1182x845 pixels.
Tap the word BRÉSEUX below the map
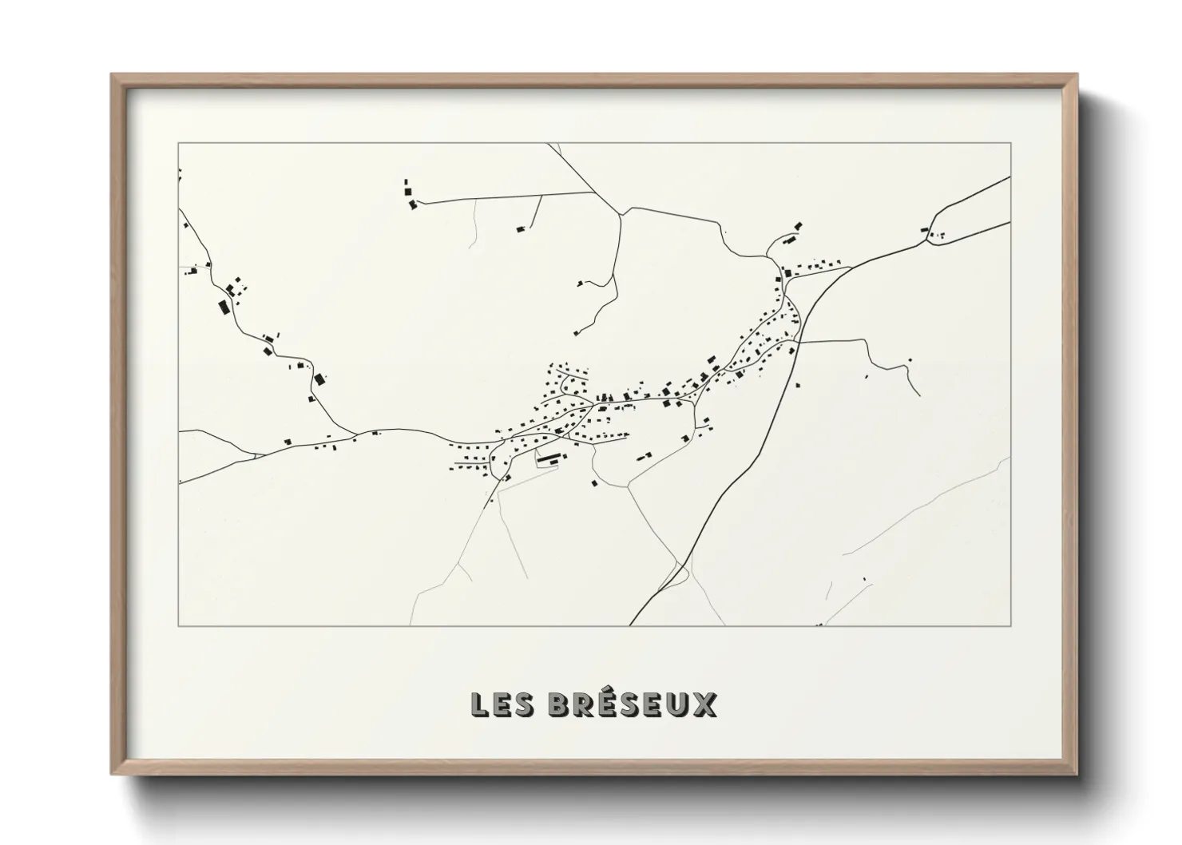click(x=633, y=704)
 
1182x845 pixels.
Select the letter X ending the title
click(x=705, y=704)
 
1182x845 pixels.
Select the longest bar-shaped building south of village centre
click(x=549, y=458)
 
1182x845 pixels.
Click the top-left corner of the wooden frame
click(x=112, y=75)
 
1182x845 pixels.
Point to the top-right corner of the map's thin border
click(x=1010, y=143)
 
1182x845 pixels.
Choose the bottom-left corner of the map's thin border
click(x=179, y=626)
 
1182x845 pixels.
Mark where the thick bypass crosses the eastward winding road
click(x=799, y=342)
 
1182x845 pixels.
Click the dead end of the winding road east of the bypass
click(x=920, y=395)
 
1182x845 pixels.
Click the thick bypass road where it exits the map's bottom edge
click(x=631, y=625)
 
